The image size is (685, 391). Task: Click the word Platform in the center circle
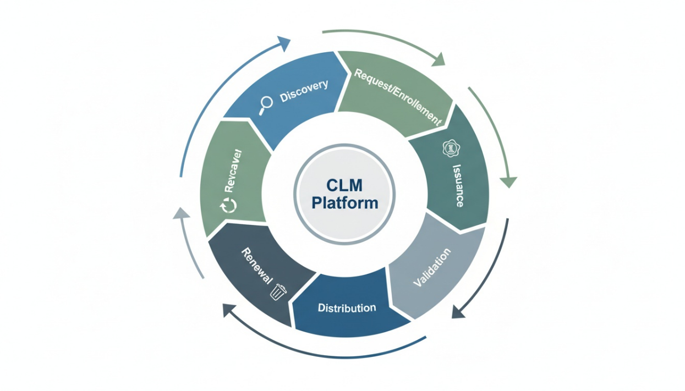tap(344, 202)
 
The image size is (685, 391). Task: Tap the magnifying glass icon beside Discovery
tap(266, 104)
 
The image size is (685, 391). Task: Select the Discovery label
tap(304, 91)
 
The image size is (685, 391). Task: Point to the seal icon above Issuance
tap(451, 148)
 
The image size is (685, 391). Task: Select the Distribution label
tap(347, 308)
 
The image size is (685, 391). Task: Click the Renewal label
tap(256, 266)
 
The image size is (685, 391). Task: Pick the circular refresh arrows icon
tap(228, 205)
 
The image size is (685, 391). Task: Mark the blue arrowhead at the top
tap(284, 43)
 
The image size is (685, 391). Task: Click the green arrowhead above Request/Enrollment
tap(438, 59)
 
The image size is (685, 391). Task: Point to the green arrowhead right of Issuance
tap(509, 182)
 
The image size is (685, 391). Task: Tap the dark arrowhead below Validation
tap(458, 312)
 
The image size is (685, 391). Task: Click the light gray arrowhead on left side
tap(180, 214)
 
